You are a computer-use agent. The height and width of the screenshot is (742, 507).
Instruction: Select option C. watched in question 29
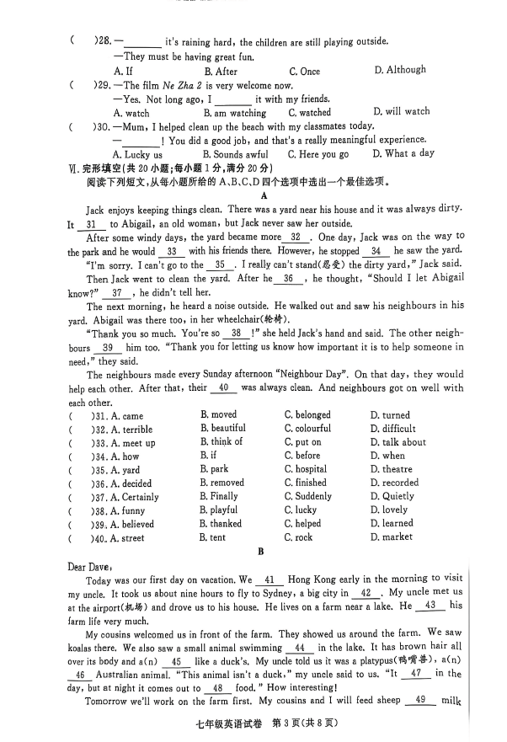pyautogui.click(x=310, y=112)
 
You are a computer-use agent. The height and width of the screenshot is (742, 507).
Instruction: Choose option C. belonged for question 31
pyautogui.click(x=307, y=415)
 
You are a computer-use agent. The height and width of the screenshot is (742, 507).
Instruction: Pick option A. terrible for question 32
pyautogui.click(x=132, y=429)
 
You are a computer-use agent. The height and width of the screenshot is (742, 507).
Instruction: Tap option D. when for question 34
pyautogui.click(x=387, y=456)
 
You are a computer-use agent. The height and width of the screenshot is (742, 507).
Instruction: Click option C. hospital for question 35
pyautogui.click(x=306, y=469)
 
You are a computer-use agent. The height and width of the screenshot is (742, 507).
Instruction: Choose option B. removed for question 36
pyautogui.click(x=222, y=483)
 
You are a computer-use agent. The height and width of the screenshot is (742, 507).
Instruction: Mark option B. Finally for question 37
pyautogui.click(x=219, y=496)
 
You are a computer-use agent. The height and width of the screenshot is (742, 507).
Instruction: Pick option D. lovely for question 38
pyautogui.click(x=388, y=510)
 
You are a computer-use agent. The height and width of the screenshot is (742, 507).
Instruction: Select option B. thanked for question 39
pyautogui.click(x=222, y=523)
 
